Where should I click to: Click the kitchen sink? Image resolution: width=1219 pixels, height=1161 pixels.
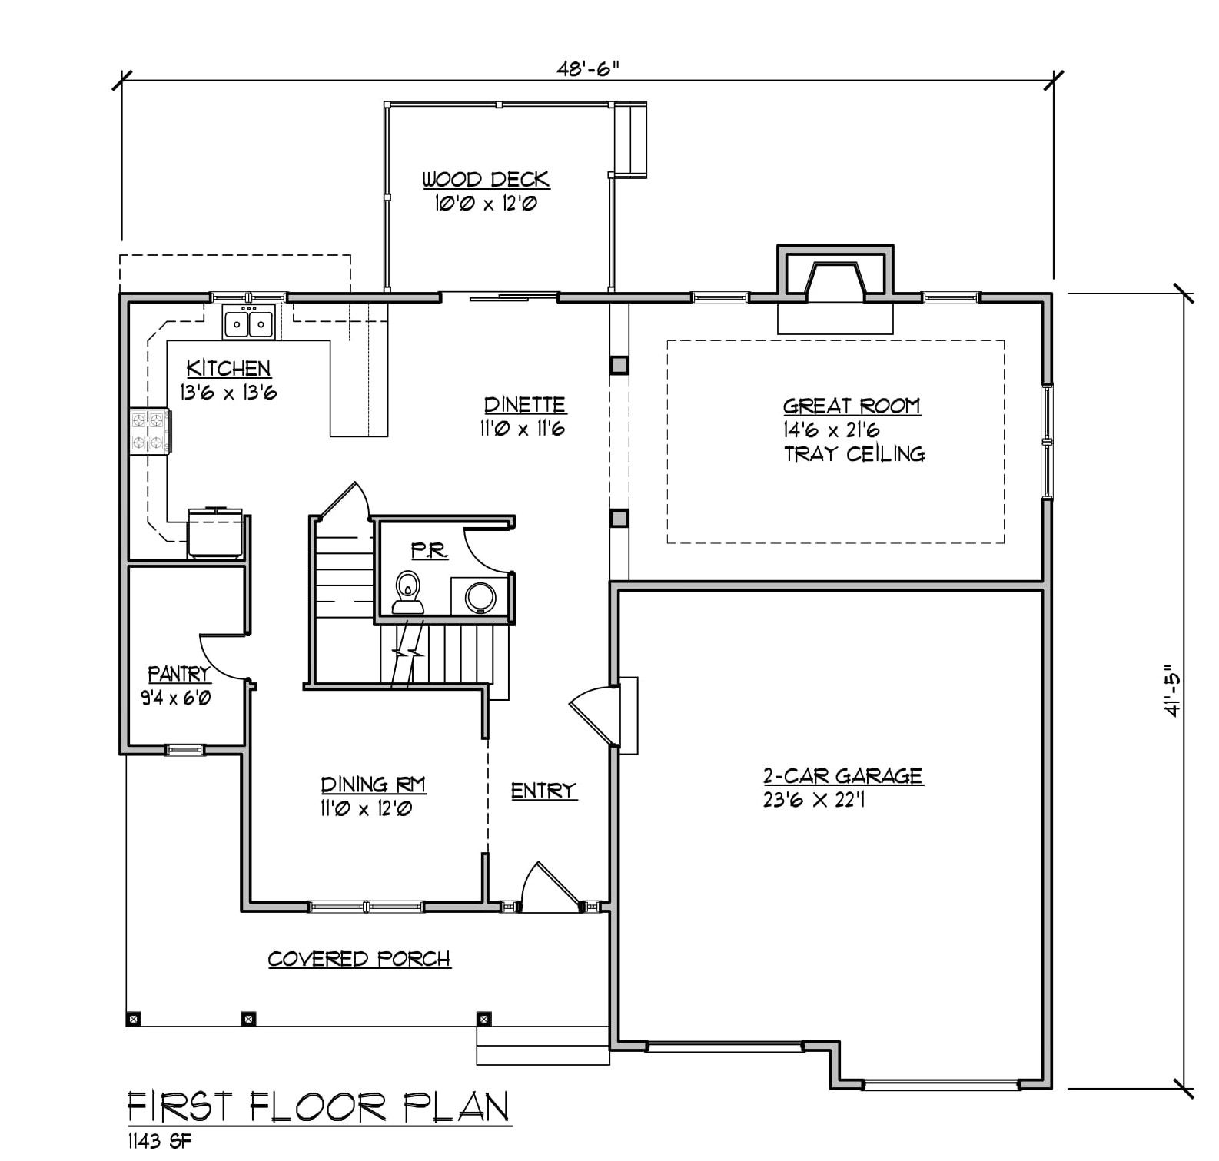[249, 323]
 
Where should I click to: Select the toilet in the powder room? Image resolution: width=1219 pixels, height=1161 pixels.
[407, 592]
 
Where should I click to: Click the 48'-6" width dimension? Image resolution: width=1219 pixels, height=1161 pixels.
[588, 68]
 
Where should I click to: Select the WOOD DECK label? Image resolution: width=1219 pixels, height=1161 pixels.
[486, 180]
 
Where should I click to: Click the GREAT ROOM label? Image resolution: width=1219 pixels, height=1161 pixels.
[852, 406]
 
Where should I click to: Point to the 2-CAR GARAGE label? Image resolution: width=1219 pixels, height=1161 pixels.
[843, 776]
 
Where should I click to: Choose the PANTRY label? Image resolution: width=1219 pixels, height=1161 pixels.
[179, 675]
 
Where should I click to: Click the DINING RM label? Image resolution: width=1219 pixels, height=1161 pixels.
[374, 785]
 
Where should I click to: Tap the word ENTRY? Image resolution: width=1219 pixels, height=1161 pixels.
[543, 791]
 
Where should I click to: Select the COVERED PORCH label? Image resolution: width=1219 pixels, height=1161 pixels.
[359, 959]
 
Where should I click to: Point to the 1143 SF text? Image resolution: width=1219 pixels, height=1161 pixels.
[159, 1140]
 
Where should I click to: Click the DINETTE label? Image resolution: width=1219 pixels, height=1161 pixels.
[525, 405]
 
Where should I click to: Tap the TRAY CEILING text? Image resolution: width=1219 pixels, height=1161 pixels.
[854, 454]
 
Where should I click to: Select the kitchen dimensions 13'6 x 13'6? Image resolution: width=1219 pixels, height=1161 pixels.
[228, 393]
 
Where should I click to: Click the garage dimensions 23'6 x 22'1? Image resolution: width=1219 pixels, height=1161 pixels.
[815, 800]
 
